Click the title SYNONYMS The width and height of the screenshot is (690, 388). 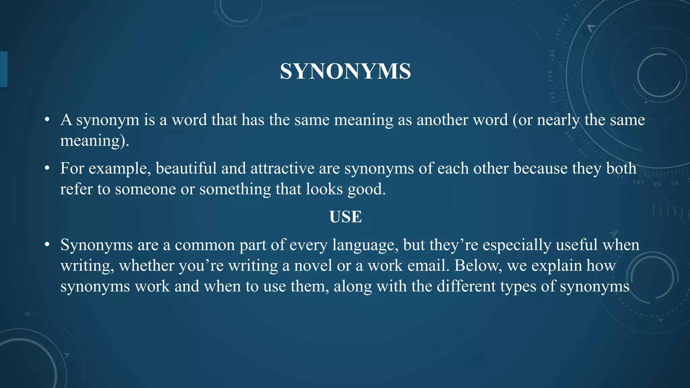pyautogui.click(x=345, y=71)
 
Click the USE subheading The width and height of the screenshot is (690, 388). pyautogui.click(x=345, y=217)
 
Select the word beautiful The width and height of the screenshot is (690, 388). pyautogui.click(x=186, y=168)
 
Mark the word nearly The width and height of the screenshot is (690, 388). pyautogui.click(x=558, y=120)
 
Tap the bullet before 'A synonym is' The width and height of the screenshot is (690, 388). pyautogui.click(x=47, y=120)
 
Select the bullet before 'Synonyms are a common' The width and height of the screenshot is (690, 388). pyautogui.click(x=47, y=245)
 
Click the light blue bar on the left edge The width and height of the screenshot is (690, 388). pyautogui.click(x=4, y=69)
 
